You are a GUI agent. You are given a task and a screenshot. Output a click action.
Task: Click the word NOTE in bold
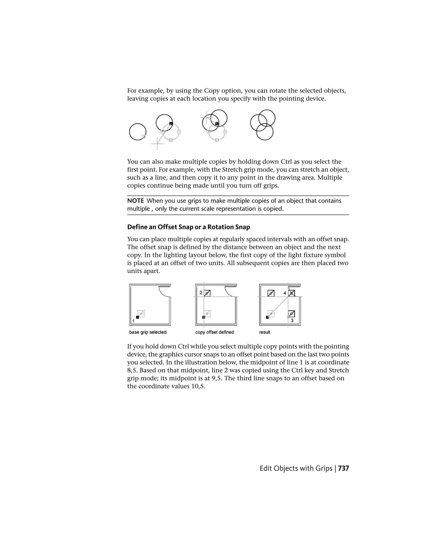point(135,201)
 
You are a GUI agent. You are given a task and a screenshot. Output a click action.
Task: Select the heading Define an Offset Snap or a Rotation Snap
point(188,227)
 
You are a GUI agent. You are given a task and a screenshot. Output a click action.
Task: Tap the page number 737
point(343,468)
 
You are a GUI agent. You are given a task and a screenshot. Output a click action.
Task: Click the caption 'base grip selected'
point(148,332)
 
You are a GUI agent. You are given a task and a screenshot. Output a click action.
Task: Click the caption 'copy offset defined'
point(214,332)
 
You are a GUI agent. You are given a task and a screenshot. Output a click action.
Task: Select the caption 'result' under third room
point(265,332)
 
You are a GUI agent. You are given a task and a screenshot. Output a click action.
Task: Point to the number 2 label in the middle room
point(201,293)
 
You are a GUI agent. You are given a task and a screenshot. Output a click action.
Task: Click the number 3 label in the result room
point(292,320)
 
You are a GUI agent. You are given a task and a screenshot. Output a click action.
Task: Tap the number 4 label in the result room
point(285,293)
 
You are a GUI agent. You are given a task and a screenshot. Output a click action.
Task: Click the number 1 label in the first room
point(133,321)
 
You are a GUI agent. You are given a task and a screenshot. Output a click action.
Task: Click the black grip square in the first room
point(137,317)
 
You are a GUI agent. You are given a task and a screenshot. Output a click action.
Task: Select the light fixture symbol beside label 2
point(207,293)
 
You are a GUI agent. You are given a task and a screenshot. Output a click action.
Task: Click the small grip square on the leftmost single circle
point(144,136)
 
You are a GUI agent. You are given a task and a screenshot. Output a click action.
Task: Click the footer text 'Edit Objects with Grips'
point(296,468)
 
